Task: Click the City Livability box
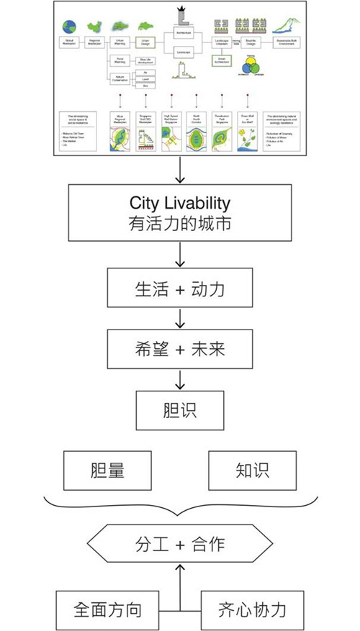click(x=180, y=212)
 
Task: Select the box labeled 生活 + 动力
click(x=180, y=289)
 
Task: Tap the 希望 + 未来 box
click(x=180, y=350)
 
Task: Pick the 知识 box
click(x=251, y=470)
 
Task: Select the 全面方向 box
click(x=108, y=610)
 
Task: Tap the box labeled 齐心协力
click(x=252, y=610)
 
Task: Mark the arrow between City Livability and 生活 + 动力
click(x=180, y=255)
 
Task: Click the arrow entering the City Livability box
click(x=180, y=169)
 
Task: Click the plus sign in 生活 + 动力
click(x=179, y=289)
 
